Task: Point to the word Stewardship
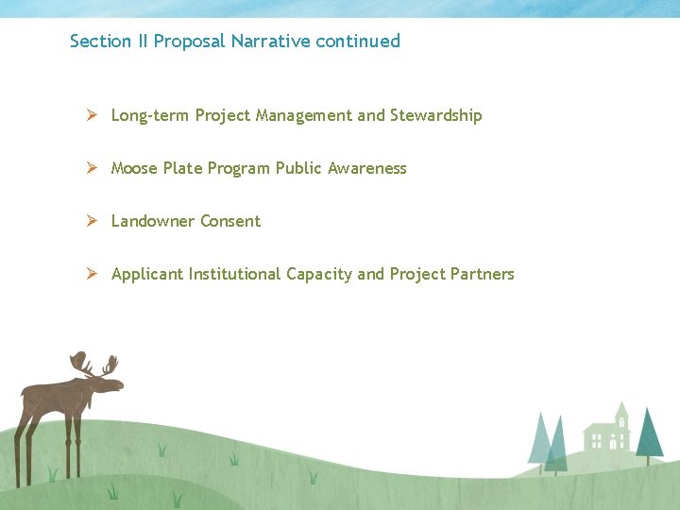click(435, 115)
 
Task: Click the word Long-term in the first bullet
click(150, 115)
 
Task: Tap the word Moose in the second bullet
click(134, 168)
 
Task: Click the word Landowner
click(153, 221)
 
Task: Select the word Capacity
click(318, 274)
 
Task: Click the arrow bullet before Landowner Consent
click(92, 221)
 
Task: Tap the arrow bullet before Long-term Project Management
click(92, 115)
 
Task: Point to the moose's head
click(103, 382)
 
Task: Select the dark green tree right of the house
click(649, 433)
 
